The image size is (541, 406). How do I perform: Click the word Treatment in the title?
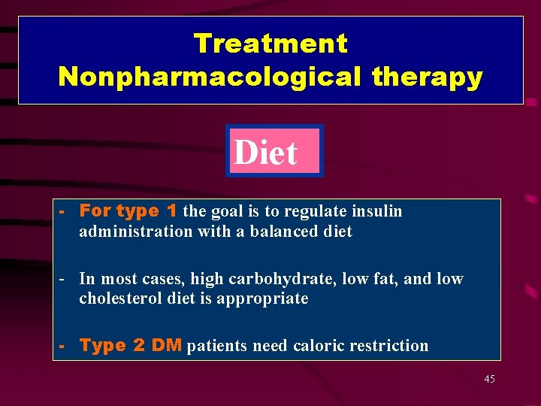point(270,44)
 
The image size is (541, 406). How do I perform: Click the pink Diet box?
point(274,151)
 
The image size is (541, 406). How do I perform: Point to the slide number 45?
point(489,379)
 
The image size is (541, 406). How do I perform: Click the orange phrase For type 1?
point(128,211)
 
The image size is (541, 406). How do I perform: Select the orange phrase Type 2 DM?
point(130,346)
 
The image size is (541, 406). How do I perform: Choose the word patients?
point(217,346)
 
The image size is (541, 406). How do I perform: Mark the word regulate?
point(310,211)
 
